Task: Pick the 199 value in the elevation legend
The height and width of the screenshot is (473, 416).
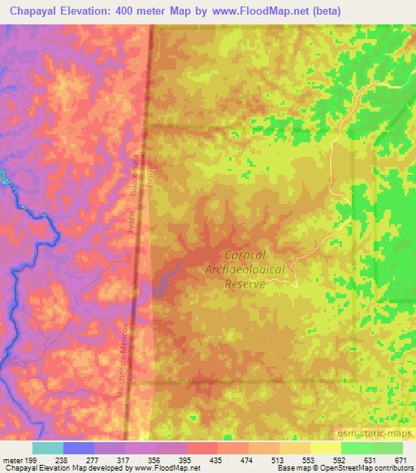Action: point(32,458)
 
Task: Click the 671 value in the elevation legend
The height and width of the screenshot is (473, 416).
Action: point(400,458)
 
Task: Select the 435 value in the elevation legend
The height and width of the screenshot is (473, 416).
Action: point(214,458)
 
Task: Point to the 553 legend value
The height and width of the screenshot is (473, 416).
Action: point(307,458)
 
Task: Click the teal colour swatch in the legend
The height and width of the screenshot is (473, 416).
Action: point(48,447)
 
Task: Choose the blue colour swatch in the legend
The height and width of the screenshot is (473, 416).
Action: point(79,447)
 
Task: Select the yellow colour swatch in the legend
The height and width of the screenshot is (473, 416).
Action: point(325,447)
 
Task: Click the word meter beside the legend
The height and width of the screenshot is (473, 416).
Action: point(11,458)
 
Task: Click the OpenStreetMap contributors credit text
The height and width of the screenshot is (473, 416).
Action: point(370,469)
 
